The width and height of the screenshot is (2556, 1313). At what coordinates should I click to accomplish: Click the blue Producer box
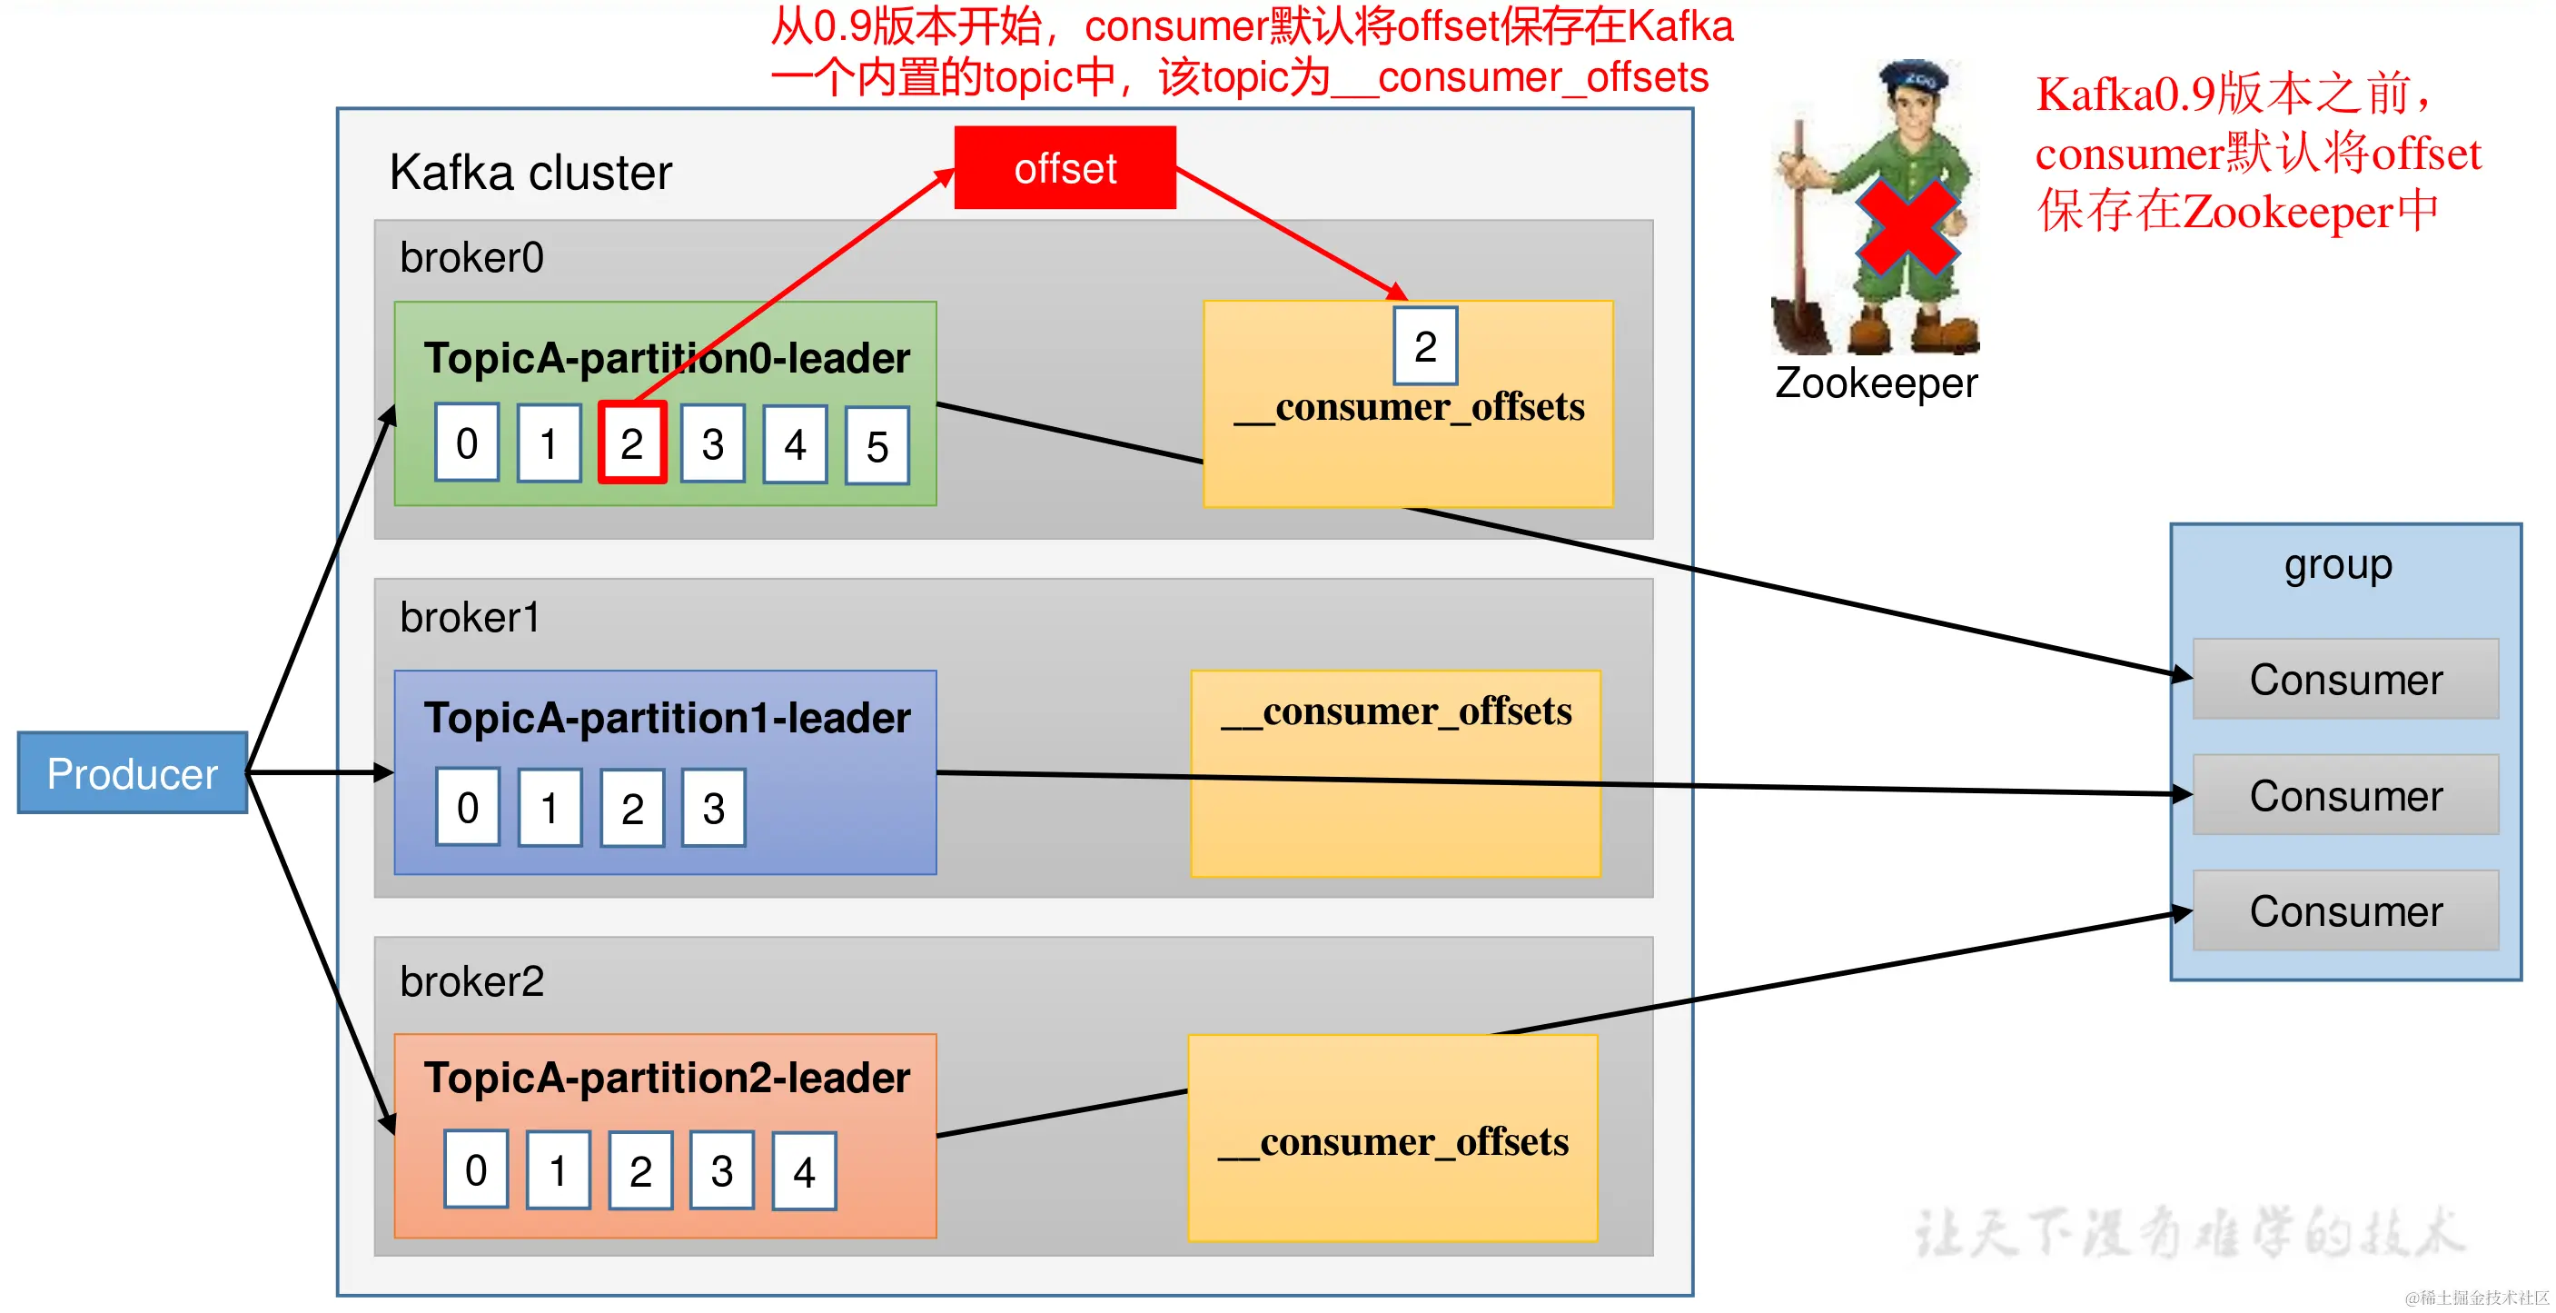click(132, 773)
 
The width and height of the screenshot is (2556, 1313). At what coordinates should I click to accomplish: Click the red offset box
click(1065, 168)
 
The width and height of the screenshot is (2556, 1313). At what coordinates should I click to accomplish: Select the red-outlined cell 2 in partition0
click(632, 443)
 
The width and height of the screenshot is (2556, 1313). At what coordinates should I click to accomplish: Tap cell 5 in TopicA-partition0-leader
click(877, 445)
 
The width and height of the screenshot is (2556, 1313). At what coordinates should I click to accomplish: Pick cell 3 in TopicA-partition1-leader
click(713, 808)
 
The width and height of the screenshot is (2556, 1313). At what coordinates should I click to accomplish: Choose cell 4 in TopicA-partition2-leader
click(804, 1172)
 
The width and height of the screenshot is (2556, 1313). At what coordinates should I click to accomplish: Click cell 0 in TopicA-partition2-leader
click(476, 1170)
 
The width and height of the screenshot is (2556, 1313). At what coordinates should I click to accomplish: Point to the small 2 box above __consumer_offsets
click(1425, 346)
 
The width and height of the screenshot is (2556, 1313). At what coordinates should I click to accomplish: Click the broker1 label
click(470, 617)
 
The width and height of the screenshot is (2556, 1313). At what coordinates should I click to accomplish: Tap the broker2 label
click(471, 981)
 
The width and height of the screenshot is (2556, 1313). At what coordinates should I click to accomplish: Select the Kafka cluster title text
click(530, 173)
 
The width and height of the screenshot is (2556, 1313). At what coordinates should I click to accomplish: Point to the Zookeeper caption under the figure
click(1876, 383)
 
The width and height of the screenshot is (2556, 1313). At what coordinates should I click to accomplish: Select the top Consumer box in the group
click(2344, 680)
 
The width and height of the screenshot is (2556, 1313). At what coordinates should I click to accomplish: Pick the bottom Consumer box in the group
click(2344, 911)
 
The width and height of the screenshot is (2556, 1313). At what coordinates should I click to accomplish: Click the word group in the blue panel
click(2338, 564)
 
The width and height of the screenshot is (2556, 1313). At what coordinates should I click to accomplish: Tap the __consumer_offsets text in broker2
click(1393, 1142)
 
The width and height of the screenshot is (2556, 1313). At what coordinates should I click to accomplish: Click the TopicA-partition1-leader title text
click(666, 718)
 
